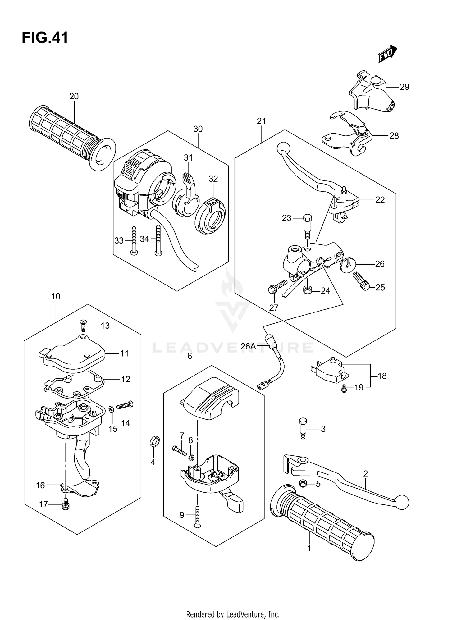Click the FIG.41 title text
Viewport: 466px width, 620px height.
(45, 38)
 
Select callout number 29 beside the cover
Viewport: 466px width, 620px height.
(404, 87)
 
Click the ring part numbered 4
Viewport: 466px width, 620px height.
(155, 441)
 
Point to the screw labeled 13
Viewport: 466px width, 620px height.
(83, 325)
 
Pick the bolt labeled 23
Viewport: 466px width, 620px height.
(306, 226)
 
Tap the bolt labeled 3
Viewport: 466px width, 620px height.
(303, 428)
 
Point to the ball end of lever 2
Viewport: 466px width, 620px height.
(402, 503)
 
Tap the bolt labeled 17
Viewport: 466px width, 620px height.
(66, 504)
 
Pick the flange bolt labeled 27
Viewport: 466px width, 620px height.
(277, 287)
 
